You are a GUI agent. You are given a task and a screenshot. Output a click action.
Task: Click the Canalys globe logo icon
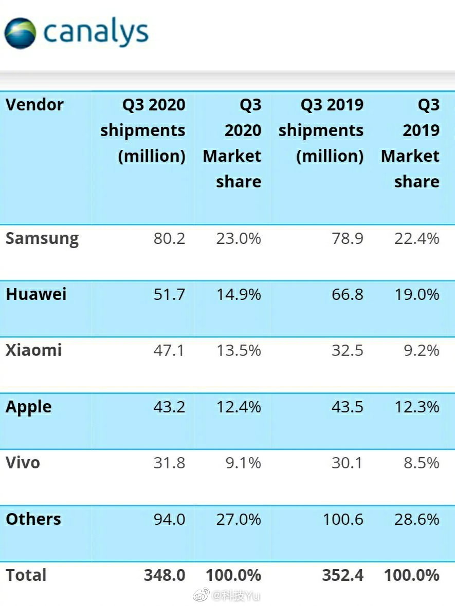21,33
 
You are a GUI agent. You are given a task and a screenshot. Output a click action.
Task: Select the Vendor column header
34,105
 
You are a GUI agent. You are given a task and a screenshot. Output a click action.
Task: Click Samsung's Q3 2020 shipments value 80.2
169,238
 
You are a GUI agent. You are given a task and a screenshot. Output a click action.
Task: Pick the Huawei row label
36,294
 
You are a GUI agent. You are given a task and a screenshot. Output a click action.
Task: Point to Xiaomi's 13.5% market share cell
238,350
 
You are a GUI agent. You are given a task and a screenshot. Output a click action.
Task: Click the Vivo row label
23,463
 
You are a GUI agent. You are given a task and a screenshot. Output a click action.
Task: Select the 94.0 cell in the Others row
169,519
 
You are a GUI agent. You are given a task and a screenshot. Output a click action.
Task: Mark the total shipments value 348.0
165,575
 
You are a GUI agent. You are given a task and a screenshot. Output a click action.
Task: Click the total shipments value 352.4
343,575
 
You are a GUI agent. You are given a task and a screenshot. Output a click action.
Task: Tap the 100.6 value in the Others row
343,519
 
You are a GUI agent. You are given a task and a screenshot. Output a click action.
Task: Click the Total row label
26,575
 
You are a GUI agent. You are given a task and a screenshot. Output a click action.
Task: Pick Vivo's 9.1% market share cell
243,463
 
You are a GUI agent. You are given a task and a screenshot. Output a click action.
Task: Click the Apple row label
29,407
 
